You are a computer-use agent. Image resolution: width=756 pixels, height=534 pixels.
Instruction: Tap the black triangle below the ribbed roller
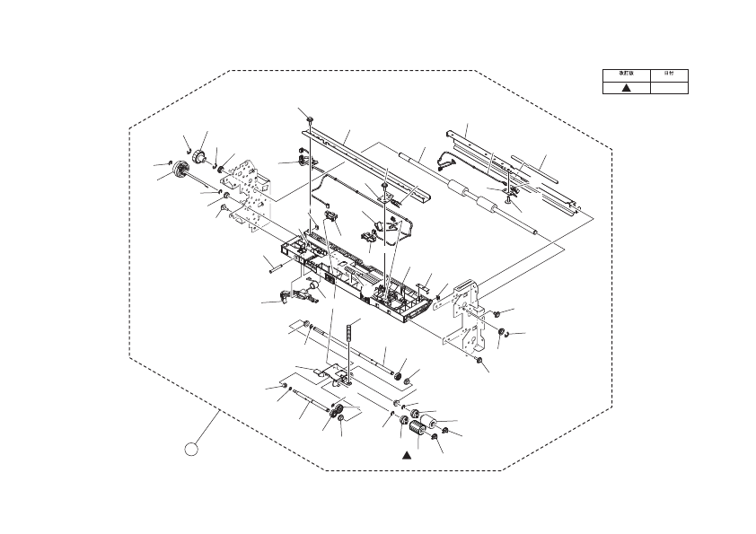pyautogui.click(x=406, y=455)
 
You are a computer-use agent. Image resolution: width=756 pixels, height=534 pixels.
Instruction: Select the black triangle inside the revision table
pyautogui.click(x=626, y=87)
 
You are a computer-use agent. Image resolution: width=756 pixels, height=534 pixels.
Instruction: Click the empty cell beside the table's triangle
pyautogui.click(x=669, y=87)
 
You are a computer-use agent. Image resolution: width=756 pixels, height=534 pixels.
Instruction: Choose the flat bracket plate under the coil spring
pyautogui.click(x=338, y=375)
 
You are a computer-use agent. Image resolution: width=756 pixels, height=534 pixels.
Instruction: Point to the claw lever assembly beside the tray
pyautogui.click(x=286, y=293)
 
